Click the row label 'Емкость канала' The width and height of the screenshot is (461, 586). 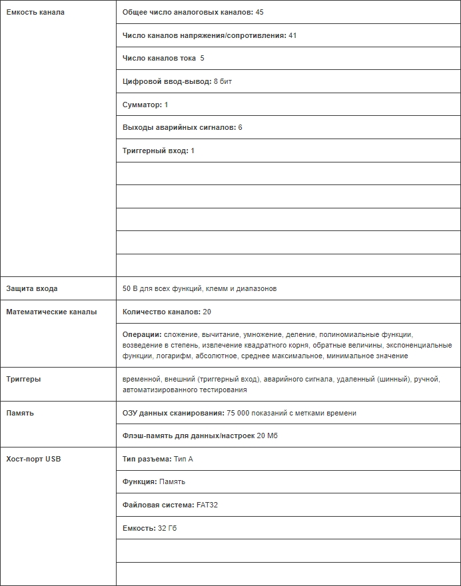(x=35, y=13)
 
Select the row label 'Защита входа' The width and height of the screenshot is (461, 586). (x=32, y=289)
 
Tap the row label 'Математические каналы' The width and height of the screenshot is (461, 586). (x=51, y=312)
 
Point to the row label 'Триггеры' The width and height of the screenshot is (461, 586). (x=23, y=379)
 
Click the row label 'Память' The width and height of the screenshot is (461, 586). (x=20, y=413)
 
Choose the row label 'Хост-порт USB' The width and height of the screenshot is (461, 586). (x=33, y=459)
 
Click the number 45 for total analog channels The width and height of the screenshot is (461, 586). (x=260, y=13)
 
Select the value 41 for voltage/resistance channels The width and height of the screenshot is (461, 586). (x=292, y=35)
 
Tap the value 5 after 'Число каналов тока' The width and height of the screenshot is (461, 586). (x=202, y=59)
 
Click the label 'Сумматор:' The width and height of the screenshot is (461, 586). (x=142, y=105)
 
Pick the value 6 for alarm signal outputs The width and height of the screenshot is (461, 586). (x=240, y=127)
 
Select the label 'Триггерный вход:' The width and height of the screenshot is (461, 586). (x=155, y=150)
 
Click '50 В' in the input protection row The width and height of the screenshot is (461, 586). (x=130, y=289)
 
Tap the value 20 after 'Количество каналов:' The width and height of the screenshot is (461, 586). (x=207, y=312)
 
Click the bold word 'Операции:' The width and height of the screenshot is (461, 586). (x=142, y=334)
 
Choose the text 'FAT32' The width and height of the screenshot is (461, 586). (x=207, y=505)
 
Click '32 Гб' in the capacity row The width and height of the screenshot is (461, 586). (x=168, y=528)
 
